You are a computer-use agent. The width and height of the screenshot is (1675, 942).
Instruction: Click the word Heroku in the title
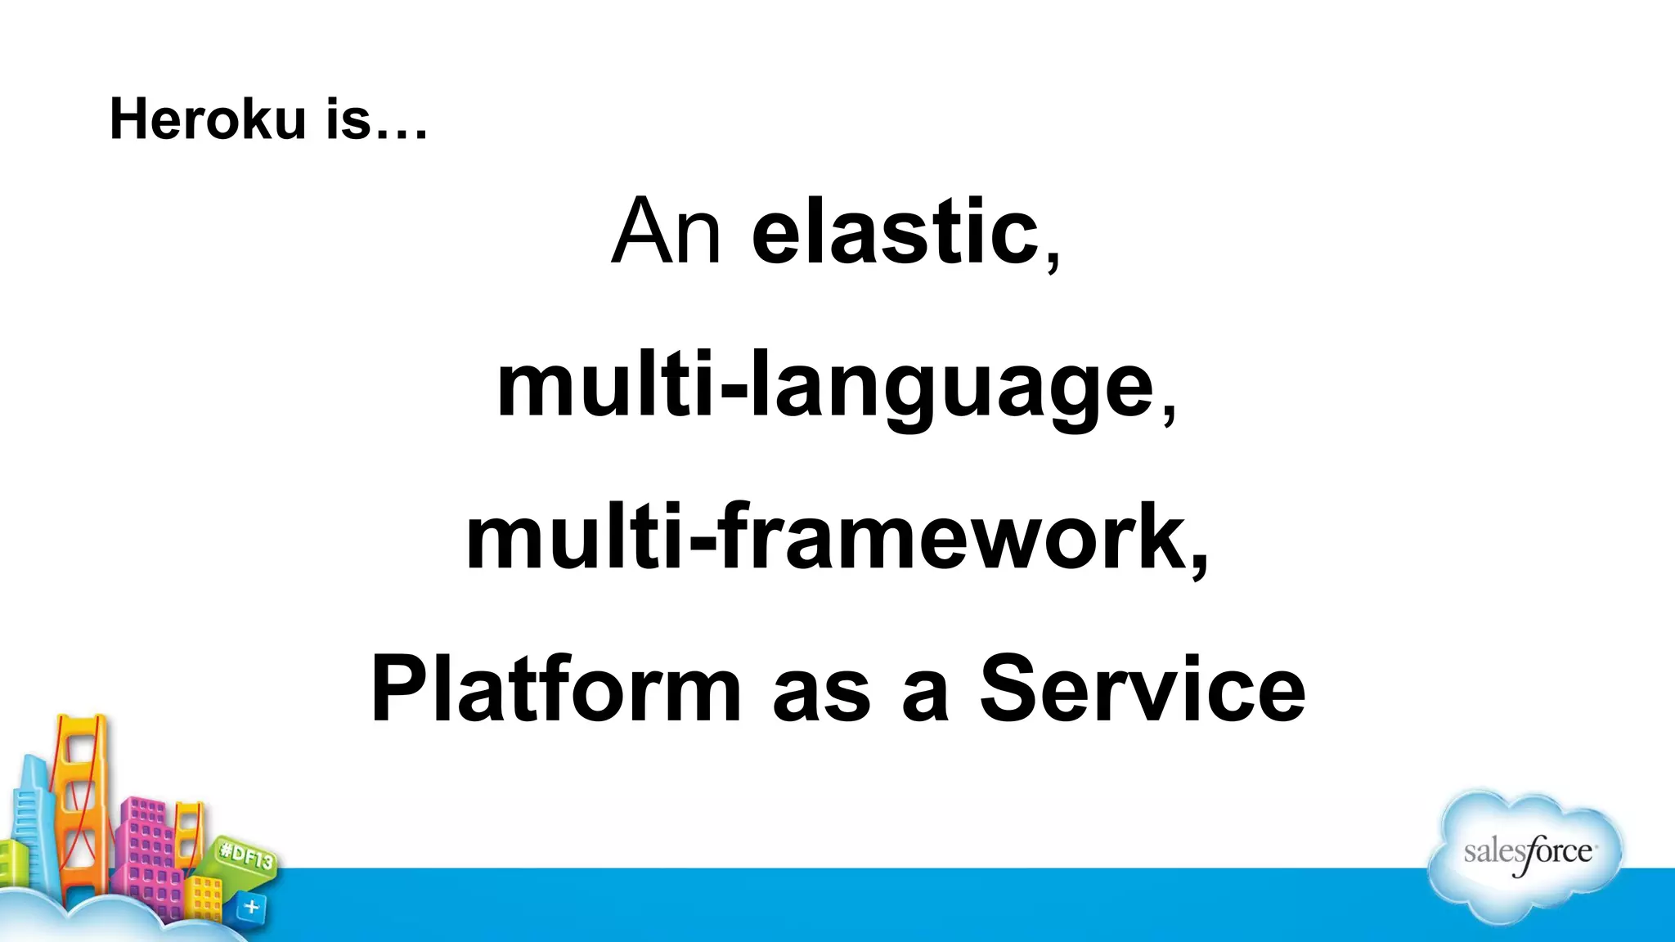[208, 119]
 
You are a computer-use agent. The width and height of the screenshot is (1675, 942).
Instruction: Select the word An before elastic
[666, 232]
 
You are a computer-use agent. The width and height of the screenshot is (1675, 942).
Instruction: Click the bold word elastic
[895, 232]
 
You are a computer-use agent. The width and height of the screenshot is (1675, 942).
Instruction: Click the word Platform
[555, 691]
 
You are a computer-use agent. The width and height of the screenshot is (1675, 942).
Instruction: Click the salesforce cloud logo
[1526, 855]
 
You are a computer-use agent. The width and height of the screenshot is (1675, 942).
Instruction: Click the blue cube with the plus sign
[251, 907]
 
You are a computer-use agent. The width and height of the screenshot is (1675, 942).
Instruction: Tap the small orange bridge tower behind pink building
[190, 826]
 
